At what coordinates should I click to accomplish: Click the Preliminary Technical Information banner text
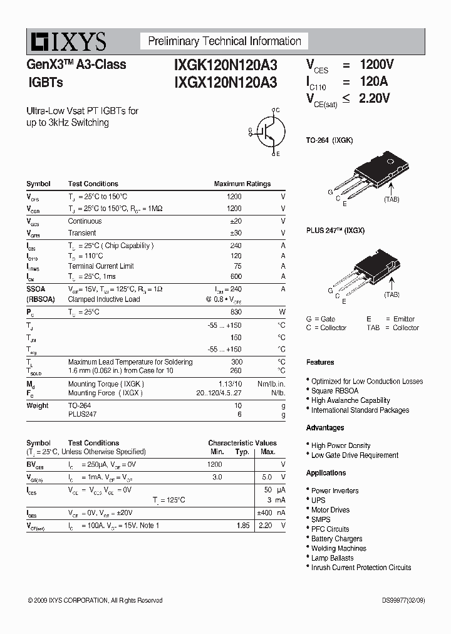224,41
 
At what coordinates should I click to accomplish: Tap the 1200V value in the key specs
376,65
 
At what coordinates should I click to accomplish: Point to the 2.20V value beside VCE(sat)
374,98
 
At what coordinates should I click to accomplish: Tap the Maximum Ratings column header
242,184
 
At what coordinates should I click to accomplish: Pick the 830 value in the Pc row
236,312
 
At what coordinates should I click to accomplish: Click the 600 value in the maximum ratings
236,276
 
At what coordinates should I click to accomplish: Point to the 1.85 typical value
243,526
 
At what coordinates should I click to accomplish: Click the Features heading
320,362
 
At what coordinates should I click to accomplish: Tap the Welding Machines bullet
338,548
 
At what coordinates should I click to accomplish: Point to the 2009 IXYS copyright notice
95,600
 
